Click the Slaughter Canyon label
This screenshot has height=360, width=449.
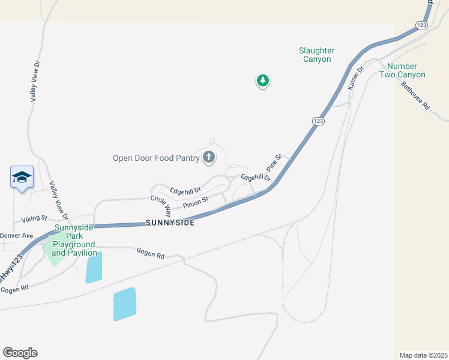pos(316,55)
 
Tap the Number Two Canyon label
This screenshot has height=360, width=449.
pos(406,70)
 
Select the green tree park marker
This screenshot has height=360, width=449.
pos(262,80)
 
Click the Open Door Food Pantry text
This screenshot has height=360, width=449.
pos(155,158)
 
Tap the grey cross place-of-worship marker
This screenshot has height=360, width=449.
pos(209,158)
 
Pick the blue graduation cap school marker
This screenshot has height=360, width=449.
pos(22,178)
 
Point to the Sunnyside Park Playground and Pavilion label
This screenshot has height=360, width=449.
pos(74,240)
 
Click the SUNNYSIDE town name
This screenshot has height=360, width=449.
pos(170,223)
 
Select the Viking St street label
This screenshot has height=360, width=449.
pos(34,218)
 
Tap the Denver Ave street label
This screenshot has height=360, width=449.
pos(16,235)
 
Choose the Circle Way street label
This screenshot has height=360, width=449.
pos(160,206)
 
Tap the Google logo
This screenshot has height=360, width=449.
pos(20,353)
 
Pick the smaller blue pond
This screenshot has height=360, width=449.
pos(94,268)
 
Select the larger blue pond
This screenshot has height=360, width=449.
pos(125,304)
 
